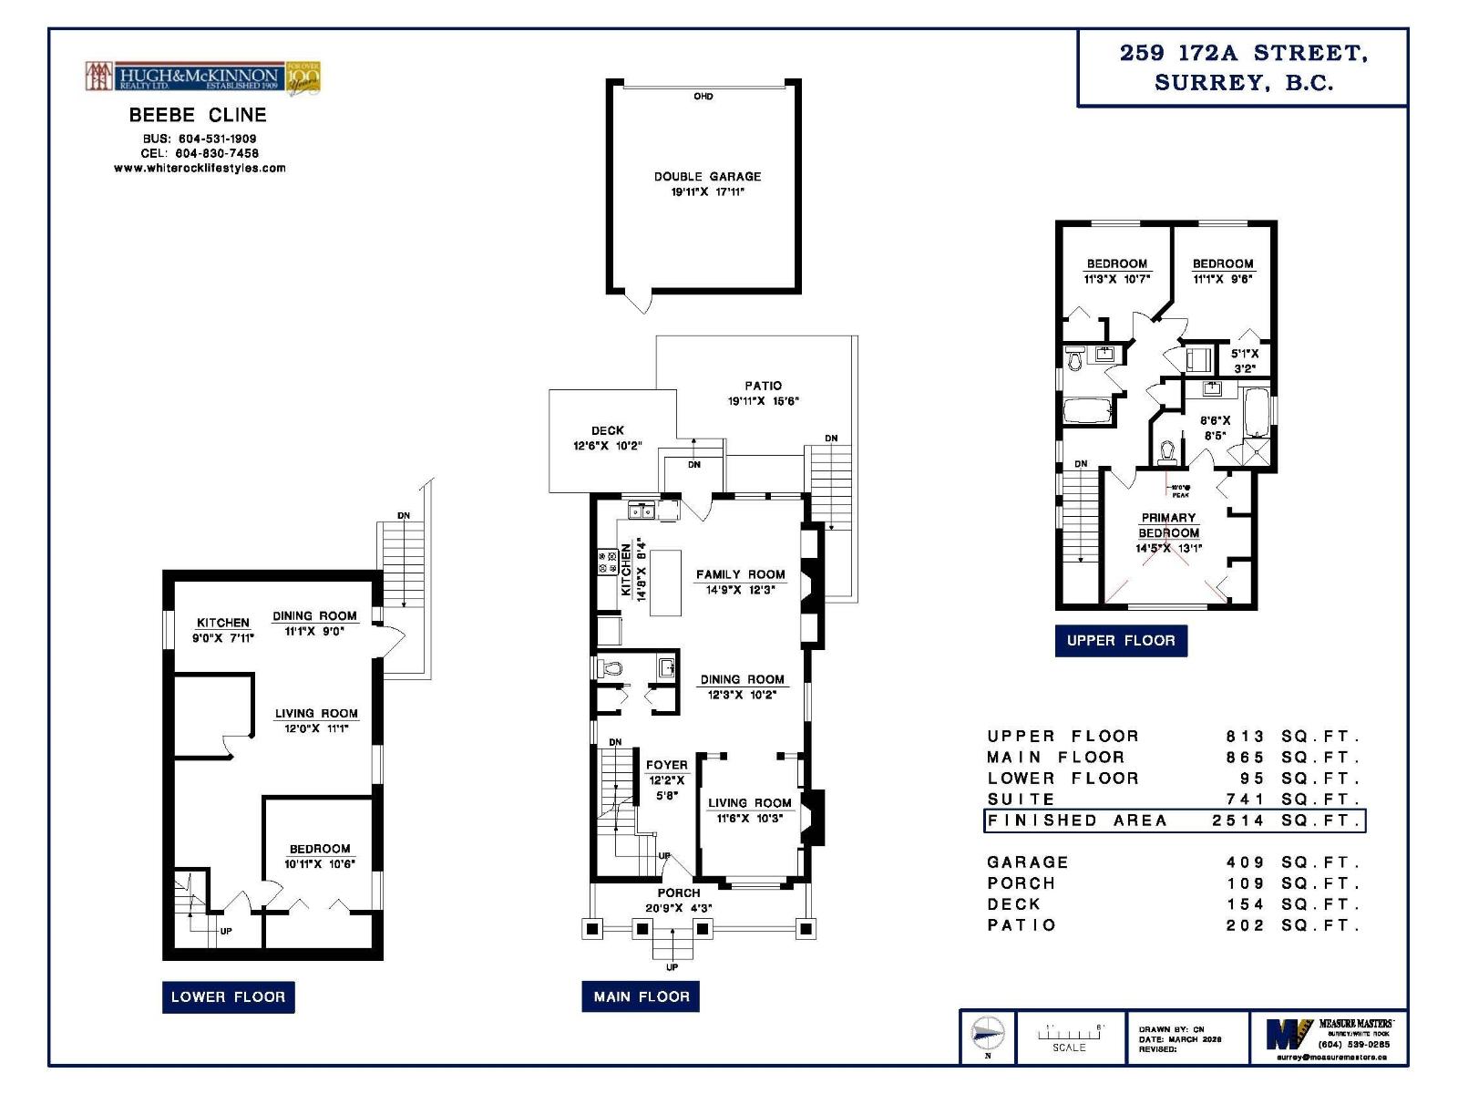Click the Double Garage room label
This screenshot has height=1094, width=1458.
point(707,177)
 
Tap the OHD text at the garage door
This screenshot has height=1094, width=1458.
point(703,97)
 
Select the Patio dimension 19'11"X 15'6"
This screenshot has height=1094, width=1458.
point(763,401)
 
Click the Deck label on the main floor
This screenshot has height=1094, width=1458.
point(608,430)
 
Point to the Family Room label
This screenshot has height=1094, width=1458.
point(740,574)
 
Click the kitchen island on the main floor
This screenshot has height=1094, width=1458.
point(665,582)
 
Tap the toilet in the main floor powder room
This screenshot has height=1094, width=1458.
point(611,669)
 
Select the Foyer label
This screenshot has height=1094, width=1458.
point(666,766)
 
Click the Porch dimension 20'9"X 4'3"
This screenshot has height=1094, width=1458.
point(679,908)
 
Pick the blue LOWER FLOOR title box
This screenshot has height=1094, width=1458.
point(228,996)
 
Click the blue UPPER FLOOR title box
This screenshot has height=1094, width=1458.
point(1121,640)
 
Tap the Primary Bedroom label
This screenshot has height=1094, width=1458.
point(1168,525)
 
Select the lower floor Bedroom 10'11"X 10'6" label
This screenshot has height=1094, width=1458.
point(320,849)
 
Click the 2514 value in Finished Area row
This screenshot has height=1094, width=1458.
point(1238,820)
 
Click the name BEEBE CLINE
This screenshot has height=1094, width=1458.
point(198,115)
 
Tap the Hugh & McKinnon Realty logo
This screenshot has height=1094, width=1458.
point(202,77)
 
